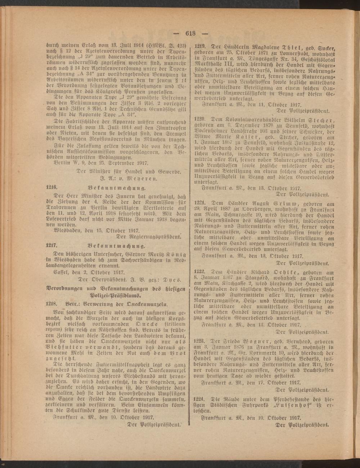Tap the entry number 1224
click(x=200, y=399)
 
